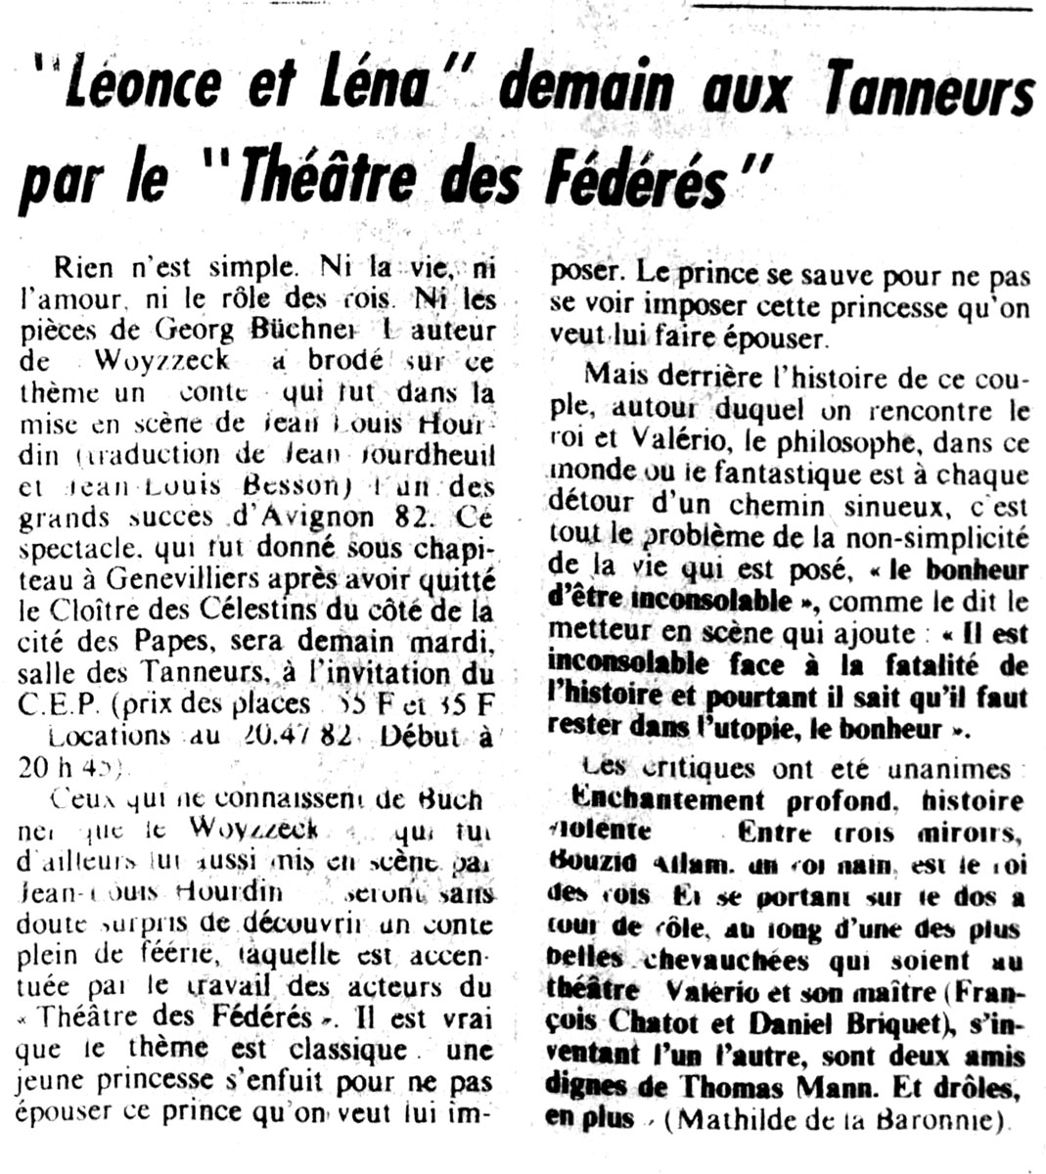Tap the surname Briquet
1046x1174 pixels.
pos(857,1024)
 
